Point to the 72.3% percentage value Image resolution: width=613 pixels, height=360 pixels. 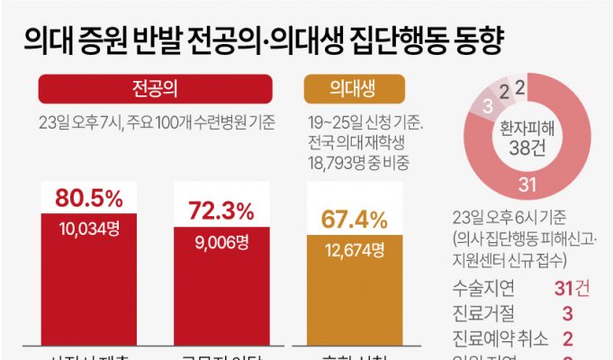(221, 211)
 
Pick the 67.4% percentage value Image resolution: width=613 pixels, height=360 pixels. (355, 220)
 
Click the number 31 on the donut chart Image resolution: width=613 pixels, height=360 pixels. (529, 185)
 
